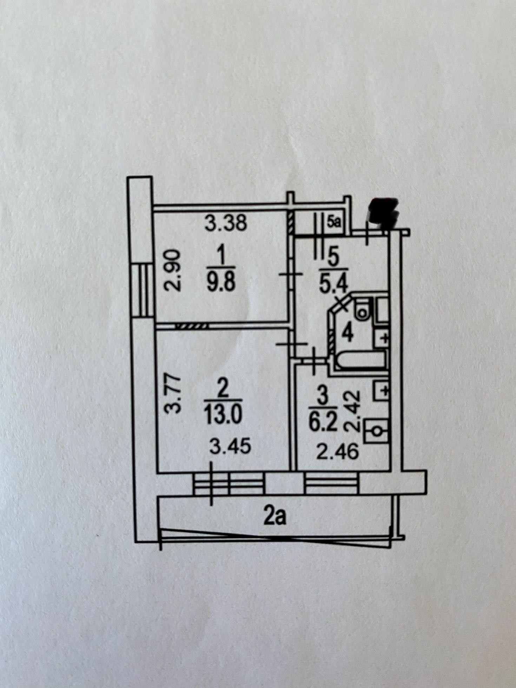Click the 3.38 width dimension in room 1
[226, 223]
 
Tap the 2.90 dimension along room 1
[172, 270]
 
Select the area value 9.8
[220, 283]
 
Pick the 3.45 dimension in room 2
[230, 447]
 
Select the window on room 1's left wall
[143, 290]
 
